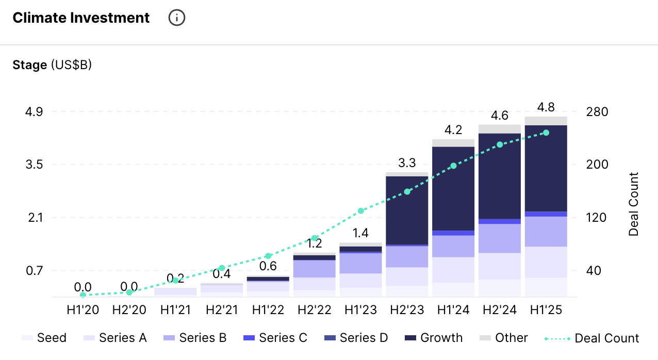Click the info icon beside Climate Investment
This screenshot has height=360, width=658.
(x=177, y=18)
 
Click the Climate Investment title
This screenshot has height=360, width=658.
(x=81, y=18)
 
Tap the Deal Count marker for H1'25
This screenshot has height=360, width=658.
(x=546, y=133)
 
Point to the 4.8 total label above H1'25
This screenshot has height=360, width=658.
(x=546, y=107)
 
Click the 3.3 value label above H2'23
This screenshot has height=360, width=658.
(x=407, y=163)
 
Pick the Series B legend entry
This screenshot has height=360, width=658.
(x=195, y=338)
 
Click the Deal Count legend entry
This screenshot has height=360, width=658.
(x=592, y=338)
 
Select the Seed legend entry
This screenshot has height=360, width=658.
(x=44, y=338)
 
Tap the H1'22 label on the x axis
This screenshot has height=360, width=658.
(x=268, y=310)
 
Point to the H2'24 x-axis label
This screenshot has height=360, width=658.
(x=499, y=310)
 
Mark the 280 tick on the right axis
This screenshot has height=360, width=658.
(x=598, y=112)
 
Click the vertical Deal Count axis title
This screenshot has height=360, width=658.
(x=634, y=204)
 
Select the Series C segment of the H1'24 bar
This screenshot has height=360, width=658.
(x=453, y=233)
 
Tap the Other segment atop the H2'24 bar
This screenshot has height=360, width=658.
(x=499, y=129)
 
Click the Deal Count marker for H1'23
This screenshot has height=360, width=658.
(x=361, y=211)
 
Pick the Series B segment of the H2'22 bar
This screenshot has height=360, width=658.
(x=315, y=269)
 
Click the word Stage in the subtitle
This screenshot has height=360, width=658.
(x=30, y=65)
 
